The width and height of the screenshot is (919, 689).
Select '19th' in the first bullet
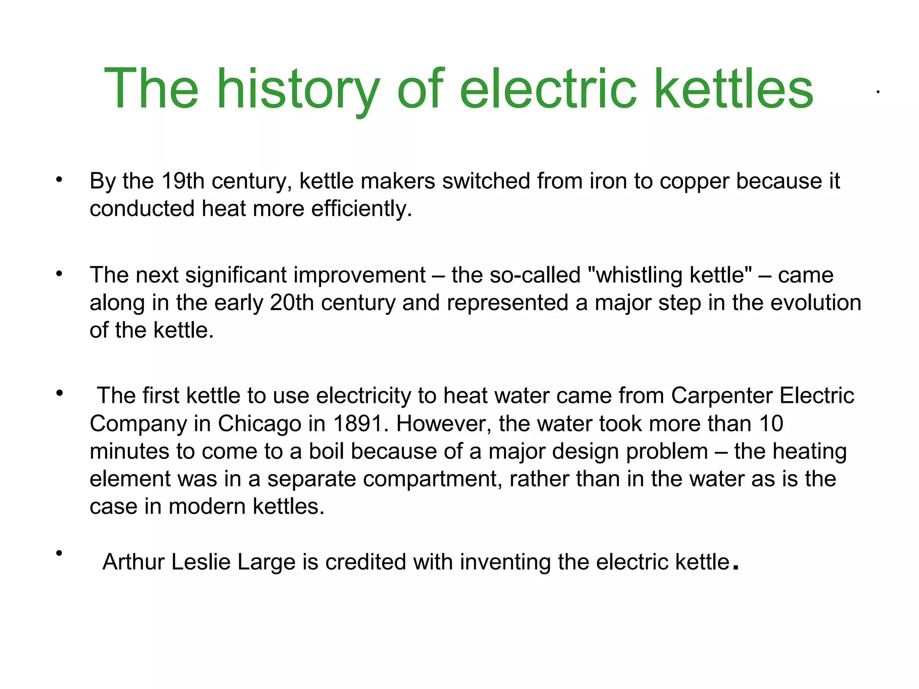pyautogui.click(x=183, y=181)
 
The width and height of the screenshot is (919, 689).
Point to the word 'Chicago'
pyautogui.click(x=260, y=424)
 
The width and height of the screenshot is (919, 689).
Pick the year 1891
pyautogui.click(x=358, y=424)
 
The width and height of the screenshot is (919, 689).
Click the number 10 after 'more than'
pyautogui.click(x=771, y=424)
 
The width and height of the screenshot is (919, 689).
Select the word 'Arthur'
pyautogui.click(x=133, y=562)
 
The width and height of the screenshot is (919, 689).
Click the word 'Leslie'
pyautogui.click(x=201, y=562)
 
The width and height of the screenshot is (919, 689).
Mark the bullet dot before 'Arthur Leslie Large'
pyautogui.click(x=59, y=554)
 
